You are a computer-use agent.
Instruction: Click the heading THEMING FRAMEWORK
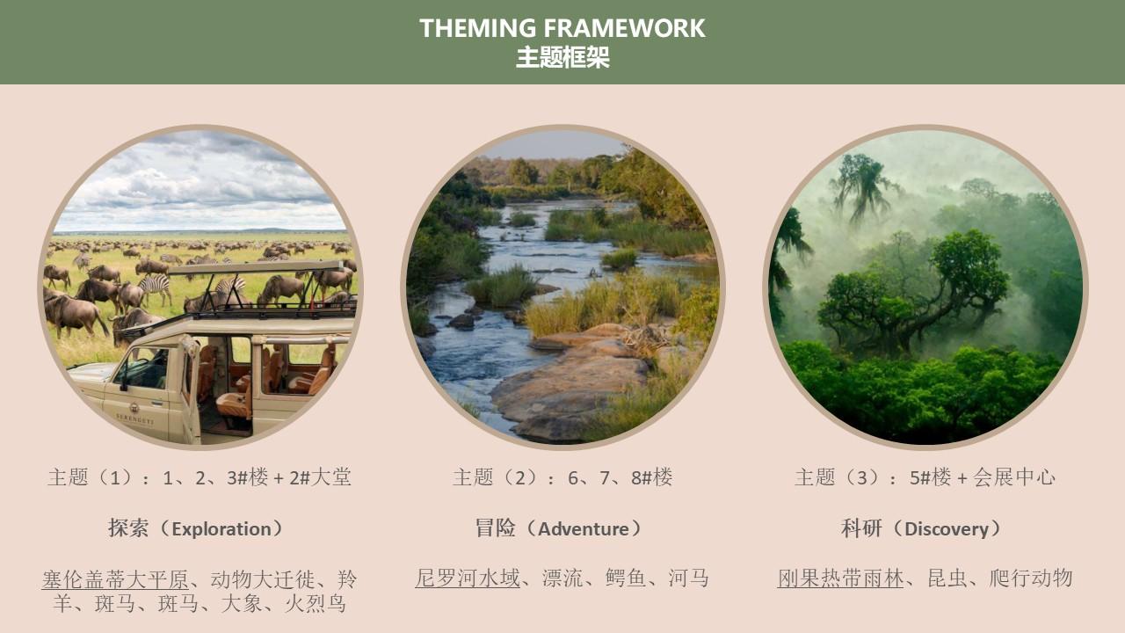[562, 28]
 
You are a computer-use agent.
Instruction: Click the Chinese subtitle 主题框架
[562, 57]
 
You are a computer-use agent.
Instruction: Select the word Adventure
[583, 529]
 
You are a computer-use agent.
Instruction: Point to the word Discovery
[947, 529]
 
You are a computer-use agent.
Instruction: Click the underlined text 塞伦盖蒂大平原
[115, 579]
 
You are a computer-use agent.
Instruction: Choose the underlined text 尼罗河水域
[468, 578]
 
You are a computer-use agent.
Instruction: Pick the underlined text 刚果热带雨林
[840, 578]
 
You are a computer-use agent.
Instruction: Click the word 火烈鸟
[316, 603]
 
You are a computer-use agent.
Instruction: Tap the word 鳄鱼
[625, 578]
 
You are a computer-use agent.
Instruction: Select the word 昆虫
[947, 578]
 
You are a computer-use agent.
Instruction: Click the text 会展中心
[1014, 477]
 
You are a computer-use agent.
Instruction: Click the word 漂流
[562, 578]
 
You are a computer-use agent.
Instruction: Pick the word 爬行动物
[1031, 578]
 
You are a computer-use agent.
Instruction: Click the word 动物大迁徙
[263, 579]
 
